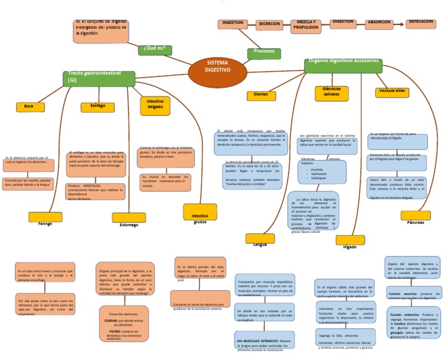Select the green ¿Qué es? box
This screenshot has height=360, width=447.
pos(155,49)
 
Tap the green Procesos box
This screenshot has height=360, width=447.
pos(264,52)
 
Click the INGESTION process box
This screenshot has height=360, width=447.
pos(233,24)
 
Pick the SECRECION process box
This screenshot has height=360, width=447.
pos(269,25)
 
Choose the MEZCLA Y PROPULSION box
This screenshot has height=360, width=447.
pos(306,26)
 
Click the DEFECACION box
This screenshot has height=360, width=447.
pos(421,23)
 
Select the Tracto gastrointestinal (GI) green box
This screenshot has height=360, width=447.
pos(99,78)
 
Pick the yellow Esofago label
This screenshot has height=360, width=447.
pos(97,106)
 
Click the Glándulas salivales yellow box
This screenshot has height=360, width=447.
pos(331,92)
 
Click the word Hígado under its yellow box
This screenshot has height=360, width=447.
pos(350,247)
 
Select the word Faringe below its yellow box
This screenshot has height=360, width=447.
pos(45,224)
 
